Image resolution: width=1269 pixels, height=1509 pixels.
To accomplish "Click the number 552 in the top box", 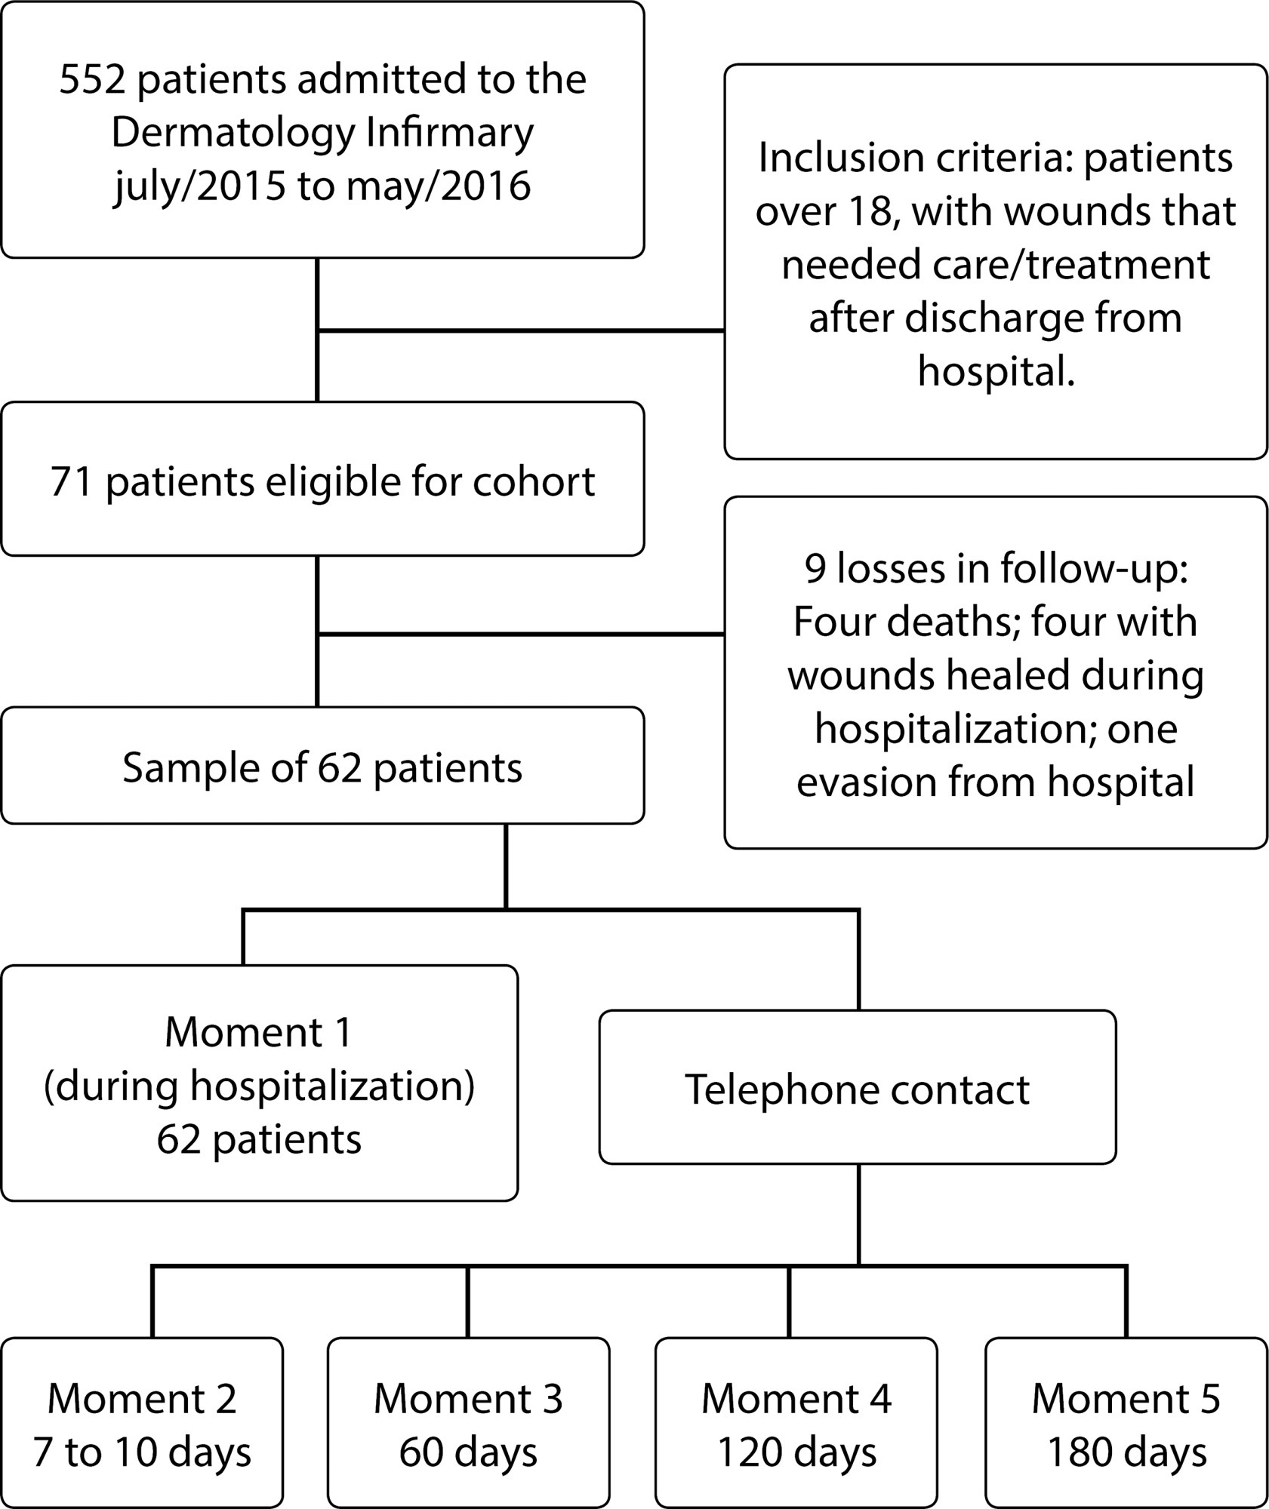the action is pyautogui.click(x=93, y=79).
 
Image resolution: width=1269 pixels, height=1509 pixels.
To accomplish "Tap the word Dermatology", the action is pyautogui.click(x=233, y=134).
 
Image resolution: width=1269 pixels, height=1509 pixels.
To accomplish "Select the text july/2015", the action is pyautogui.click(x=200, y=186).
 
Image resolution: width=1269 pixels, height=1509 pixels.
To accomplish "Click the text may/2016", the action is pyautogui.click(x=439, y=186).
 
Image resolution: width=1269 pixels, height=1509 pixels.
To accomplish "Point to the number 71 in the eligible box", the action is pyautogui.click(x=72, y=482).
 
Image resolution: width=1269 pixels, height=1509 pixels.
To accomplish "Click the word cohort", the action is pyautogui.click(x=534, y=482).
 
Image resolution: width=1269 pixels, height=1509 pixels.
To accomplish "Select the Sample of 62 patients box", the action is pyautogui.click(x=322, y=765).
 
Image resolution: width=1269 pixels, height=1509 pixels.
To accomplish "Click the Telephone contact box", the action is pyautogui.click(x=858, y=1087).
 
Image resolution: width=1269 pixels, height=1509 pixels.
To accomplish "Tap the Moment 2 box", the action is pyautogui.click(x=142, y=1423).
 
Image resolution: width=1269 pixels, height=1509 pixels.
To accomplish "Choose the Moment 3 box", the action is pyautogui.click(x=468, y=1423).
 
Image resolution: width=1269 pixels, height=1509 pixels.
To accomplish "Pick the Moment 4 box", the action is pyautogui.click(x=796, y=1423).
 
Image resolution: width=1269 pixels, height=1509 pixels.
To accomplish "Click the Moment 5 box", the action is pyautogui.click(x=1126, y=1423).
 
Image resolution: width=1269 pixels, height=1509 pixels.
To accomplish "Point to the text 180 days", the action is pyautogui.click(x=1126, y=1452).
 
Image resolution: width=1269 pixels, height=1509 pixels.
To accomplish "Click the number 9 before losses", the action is pyautogui.click(x=815, y=568).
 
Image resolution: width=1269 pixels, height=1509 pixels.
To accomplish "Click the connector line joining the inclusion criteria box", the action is pyautogui.click(x=520, y=330).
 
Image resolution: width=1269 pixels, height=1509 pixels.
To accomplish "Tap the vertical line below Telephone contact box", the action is pyautogui.click(x=858, y=1214).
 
